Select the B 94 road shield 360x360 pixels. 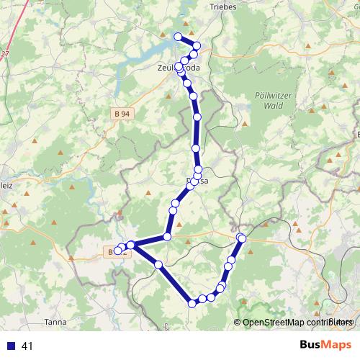(122, 114)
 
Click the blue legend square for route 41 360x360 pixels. (12, 346)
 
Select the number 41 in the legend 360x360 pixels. (28, 346)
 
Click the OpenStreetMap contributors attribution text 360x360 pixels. (298, 322)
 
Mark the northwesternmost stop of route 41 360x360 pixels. (178, 36)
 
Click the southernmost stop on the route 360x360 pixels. (192, 304)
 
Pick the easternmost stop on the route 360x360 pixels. (242, 238)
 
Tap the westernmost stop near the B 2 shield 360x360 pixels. (117, 251)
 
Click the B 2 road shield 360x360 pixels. (119, 253)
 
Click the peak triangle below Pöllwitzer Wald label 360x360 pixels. (246, 125)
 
